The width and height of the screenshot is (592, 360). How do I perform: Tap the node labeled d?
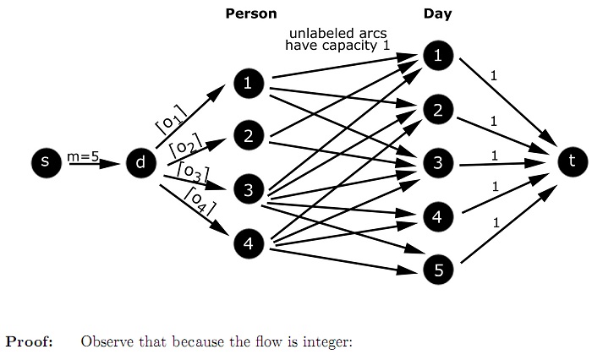point(140,162)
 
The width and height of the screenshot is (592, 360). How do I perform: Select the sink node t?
point(572,160)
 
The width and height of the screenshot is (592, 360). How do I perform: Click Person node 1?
point(248,84)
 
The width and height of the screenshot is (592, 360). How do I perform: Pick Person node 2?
point(248,135)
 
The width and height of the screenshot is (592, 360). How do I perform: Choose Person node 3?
point(248,190)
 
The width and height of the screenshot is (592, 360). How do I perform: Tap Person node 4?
point(248,244)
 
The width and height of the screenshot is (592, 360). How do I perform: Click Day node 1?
point(437,56)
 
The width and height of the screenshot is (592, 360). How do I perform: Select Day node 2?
point(437,110)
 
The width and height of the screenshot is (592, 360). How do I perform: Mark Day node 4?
point(437,216)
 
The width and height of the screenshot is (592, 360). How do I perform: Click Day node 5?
point(437,270)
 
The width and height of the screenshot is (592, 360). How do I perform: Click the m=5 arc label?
point(83,155)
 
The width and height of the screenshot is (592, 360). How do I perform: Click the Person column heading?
point(250,14)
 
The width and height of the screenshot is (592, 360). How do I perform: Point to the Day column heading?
point(437,14)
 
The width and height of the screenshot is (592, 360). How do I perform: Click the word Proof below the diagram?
point(30,342)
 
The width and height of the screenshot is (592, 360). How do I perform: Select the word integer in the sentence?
point(326,343)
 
